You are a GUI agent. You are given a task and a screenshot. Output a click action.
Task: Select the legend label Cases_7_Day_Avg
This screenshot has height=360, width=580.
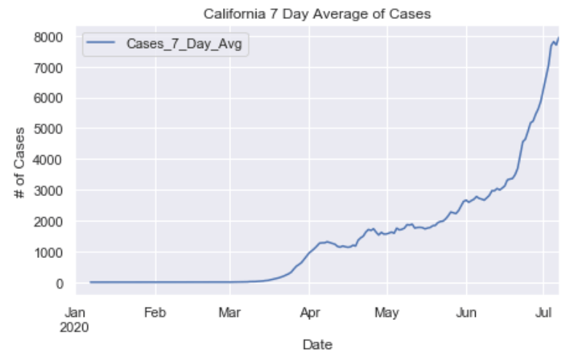coord(184,45)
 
